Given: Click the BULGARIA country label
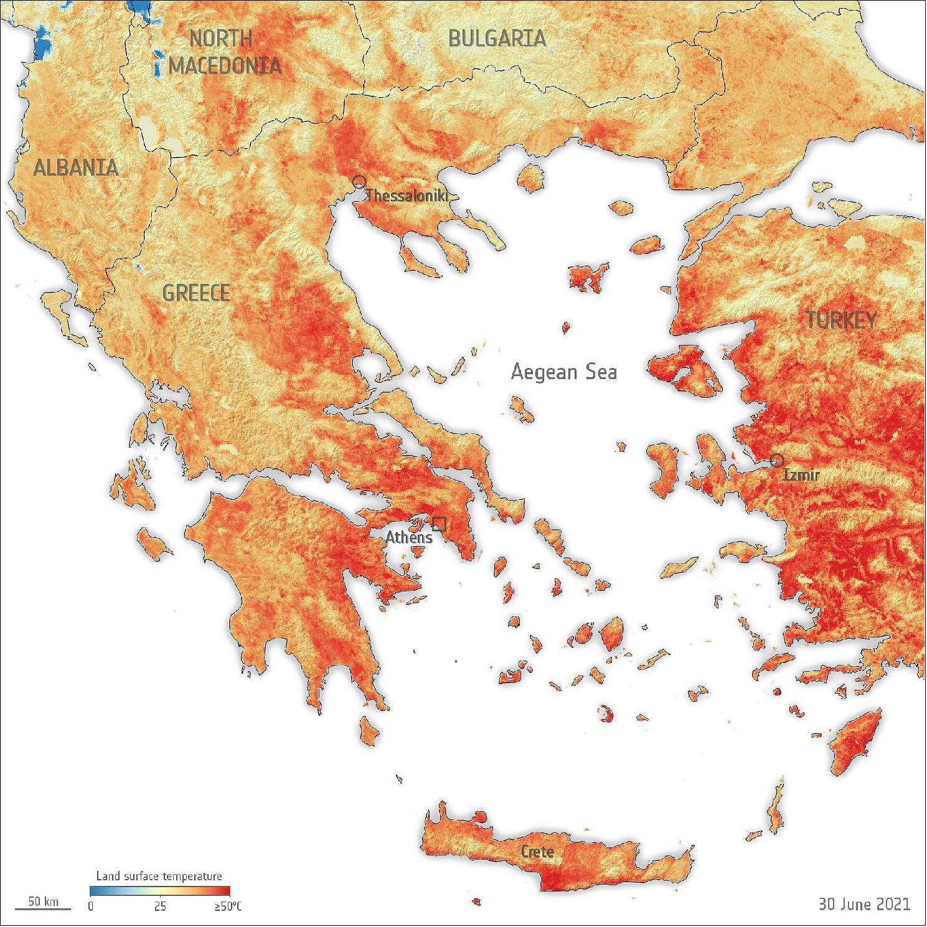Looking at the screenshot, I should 497,39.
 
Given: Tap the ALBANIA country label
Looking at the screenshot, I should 75,167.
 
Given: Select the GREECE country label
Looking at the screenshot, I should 196,293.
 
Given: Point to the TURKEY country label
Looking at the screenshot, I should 841,320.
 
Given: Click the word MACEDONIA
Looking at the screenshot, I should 225,65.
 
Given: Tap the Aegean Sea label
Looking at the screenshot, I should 563,372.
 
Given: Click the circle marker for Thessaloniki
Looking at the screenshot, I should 359,182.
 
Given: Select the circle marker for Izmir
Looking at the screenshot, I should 776,461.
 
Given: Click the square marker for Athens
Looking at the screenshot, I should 439,524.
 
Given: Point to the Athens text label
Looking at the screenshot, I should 408,537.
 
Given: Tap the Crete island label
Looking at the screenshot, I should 537,851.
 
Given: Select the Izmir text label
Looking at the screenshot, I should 801,476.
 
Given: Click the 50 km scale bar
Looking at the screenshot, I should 43,903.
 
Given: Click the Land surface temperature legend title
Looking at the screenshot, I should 159,876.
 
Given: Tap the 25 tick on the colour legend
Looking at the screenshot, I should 160,906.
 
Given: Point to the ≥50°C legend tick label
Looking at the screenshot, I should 228,906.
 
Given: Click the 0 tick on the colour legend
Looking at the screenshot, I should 91,906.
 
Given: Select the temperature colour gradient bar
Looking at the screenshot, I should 160,890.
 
